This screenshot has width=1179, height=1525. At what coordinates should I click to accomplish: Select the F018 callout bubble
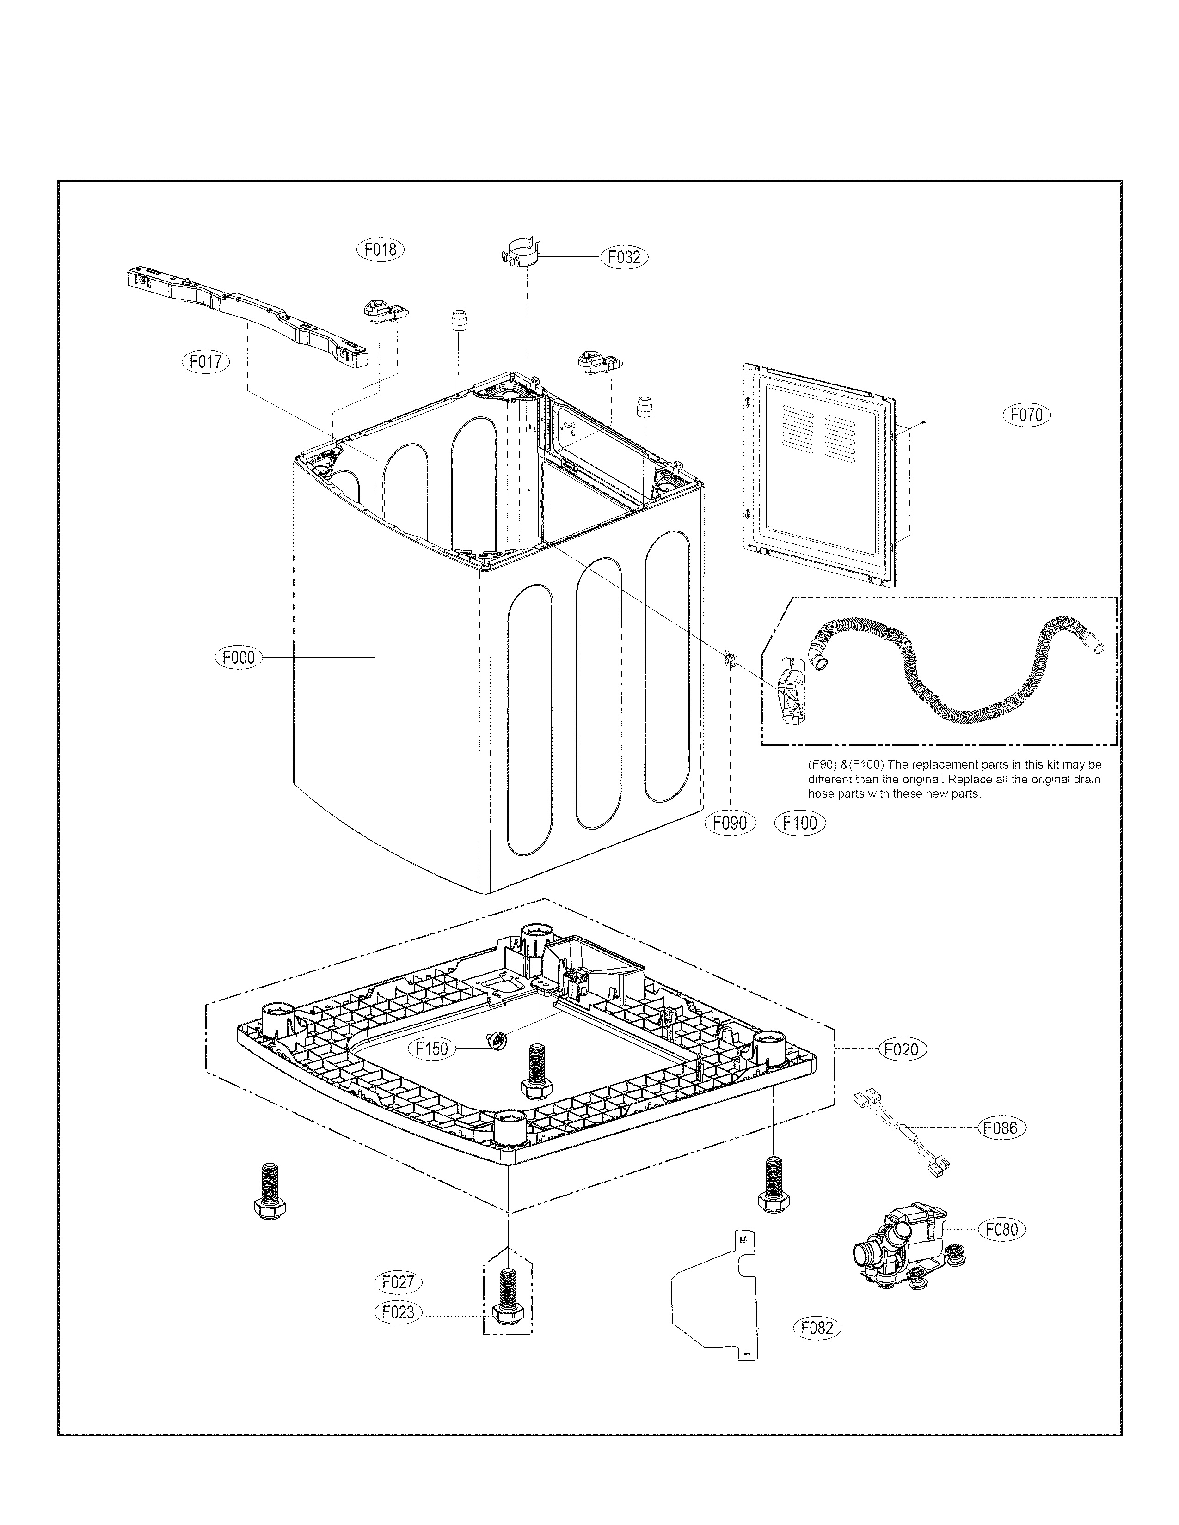click(x=381, y=249)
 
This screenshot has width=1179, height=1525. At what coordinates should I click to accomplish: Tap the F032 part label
click(x=624, y=257)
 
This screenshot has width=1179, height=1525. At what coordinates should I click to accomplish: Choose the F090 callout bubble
click(x=730, y=823)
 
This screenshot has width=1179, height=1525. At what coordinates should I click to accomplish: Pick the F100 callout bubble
click(x=800, y=823)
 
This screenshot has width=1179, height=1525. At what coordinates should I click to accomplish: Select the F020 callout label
click(x=902, y=1068)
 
